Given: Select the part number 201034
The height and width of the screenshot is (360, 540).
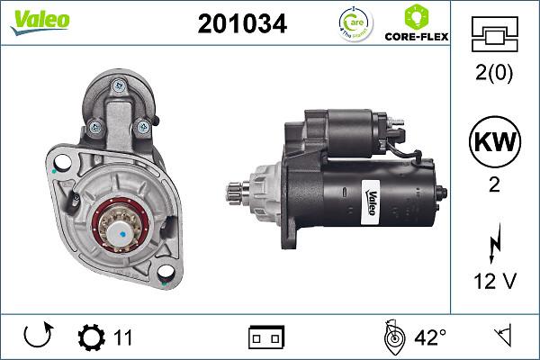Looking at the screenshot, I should [241, 24].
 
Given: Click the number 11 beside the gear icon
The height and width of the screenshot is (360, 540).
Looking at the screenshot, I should [123, 338].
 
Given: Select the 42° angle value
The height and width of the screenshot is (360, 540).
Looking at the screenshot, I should [429, 338].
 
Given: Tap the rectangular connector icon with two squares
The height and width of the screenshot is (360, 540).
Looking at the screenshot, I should [265, 338].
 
